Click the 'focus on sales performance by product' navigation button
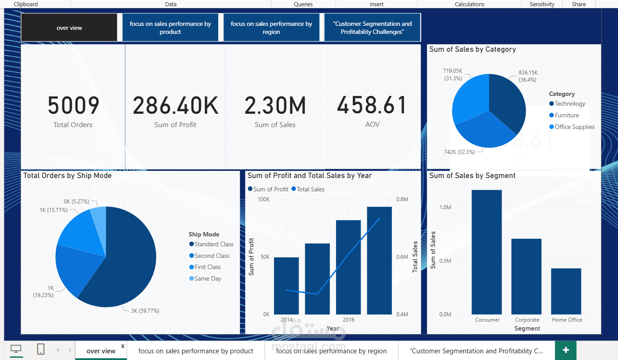pos(170,28)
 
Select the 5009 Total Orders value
pos(73,106)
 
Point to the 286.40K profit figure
pos(175,106)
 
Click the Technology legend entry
pos(570,103)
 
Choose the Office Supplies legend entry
pos(574,127)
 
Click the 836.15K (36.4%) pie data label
pos(528,76)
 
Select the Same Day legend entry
pos(207,278)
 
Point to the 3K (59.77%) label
pos(145,310)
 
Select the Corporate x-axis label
pos(527,320)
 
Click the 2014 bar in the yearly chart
pos(286,286)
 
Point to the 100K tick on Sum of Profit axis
pos(264,199)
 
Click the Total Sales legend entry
pos(310,189)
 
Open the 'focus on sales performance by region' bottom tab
pos(331,351)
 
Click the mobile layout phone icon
pos(41,349)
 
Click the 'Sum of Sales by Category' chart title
pos(473,50)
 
